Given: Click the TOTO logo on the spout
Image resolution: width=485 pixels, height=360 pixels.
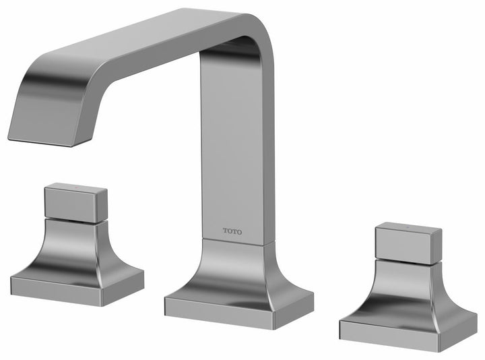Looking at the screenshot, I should [233, 231].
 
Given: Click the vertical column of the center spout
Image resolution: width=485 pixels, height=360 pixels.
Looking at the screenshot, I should [236, 148].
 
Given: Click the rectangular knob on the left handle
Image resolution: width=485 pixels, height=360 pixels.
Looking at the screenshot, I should [75, 202].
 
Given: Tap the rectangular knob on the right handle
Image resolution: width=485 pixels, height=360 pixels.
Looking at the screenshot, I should [408, 243].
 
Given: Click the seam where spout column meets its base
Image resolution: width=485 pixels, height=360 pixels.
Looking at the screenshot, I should [236, 242].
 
